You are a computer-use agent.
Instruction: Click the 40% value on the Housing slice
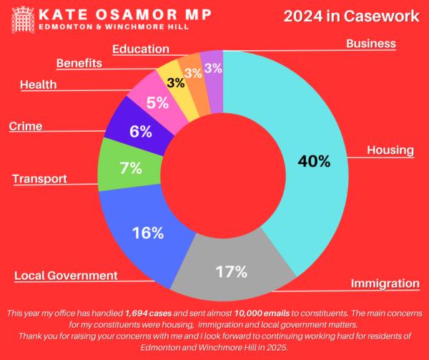pyautogui.click(x=315, y=161)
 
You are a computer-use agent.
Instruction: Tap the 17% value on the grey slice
pyautogui.click(x=232, y=272)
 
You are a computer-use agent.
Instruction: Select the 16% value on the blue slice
pyautogui.click(x=149, y=233)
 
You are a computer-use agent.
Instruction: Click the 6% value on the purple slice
pyautogui.click(x=140, y=131)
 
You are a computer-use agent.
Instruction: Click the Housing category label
pyautogui.click(x=390, y=150)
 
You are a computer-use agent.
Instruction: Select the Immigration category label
pyautogui.click(x=385, y=283)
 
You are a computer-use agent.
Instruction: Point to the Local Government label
pyautogui.click(x=66, y=276)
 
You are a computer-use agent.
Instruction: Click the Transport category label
pyautogui.click(x=40, y=178)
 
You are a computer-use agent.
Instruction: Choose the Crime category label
pyautogui.click(x=26, y=127)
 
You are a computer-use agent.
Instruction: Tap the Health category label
pyautogui.click(x=39, y=84)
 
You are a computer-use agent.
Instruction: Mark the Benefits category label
pyautogui.click(x=79, y=63)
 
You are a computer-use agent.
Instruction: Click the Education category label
pyautogui.click(x=141, y=49)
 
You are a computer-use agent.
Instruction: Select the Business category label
pyautogui.click(x=370, y=44)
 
